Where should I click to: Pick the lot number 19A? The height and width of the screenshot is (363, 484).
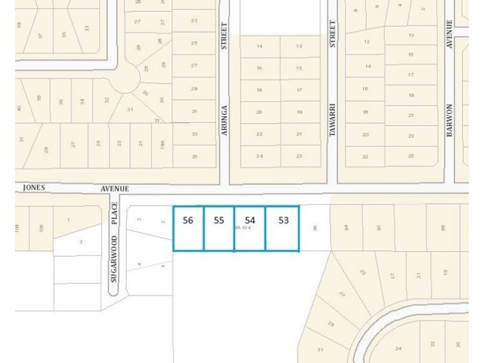pyautogui.click(x=162, y=144)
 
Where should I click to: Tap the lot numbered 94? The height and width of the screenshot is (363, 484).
pyautogui.click(x=347, y=228)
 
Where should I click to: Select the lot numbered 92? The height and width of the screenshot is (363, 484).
pyautogui.click(x=379, y=228)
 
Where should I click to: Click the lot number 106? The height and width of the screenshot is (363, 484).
pyautogui.click(x=41, y=228)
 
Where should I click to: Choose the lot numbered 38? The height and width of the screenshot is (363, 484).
pyautogui.click(x=39, y=98)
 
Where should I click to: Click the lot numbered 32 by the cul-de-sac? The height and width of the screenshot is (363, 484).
pyautogui.click(x=106, y=100)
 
